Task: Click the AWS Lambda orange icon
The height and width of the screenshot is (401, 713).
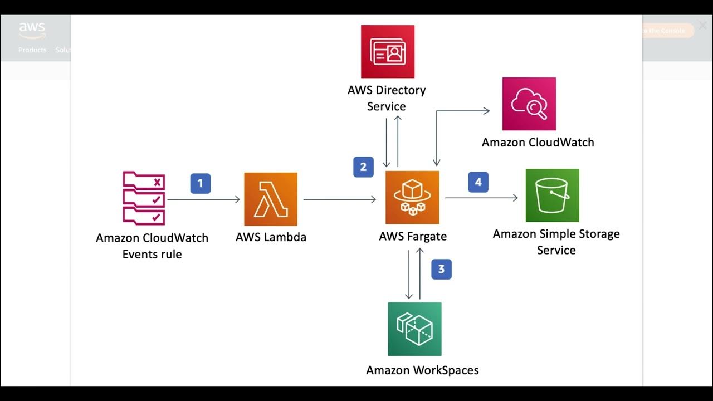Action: (x=271, y=199)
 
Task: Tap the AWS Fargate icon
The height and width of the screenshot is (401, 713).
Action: (x=412, y=197)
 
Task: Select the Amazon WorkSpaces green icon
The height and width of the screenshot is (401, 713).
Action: (x=414, y=329)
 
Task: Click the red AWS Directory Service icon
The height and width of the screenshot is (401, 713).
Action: (x=388, y=51)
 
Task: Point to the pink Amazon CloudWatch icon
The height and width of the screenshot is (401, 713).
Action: (x=529, y=104)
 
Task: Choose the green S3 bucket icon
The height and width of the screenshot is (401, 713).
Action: (x=552, y=195)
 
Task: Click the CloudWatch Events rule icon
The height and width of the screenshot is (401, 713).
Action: (x=144, y=197)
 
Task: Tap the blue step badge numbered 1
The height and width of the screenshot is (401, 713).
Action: (x=201, y=183)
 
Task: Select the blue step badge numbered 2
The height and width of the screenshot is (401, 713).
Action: (x=363, y=167)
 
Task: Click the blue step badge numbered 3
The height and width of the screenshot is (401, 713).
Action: (x=441, y=270)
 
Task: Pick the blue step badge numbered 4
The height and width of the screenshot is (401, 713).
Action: (x=478, y=182)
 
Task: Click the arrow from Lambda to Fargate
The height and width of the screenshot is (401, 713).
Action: (x=339, y=199)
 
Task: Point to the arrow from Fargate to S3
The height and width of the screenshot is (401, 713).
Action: (x=481, y=197)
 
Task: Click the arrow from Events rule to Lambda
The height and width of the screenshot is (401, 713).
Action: (x=203, y=199)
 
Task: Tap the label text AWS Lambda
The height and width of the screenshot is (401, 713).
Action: (x=271, y=237)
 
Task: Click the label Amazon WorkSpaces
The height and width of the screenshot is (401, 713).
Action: (x=422, y=370)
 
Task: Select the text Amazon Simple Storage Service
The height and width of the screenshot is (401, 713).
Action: (x=556, y=242)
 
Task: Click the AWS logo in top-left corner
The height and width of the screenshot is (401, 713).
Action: (x=32, y=30)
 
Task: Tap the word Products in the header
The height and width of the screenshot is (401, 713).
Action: (x=32, y=50)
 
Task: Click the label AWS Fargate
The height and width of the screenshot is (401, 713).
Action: (x=413, y=236)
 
